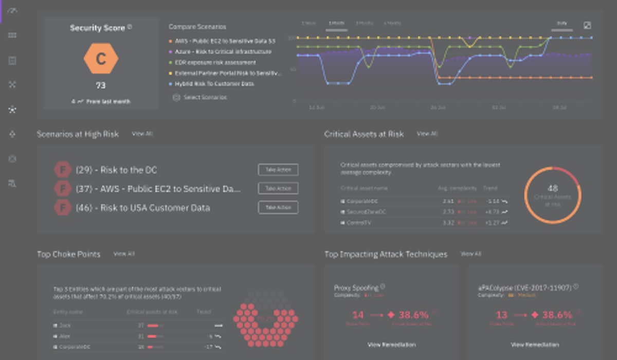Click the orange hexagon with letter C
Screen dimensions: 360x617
(101, 59)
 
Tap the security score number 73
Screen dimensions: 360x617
(101, 85)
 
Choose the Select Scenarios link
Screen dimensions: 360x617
(205, 97)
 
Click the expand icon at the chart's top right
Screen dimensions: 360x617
(587, 25)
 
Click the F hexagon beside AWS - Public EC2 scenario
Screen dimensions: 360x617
(62, 189)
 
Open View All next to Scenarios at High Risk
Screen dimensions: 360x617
(142, 134)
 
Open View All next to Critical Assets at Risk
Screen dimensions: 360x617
(427, 134)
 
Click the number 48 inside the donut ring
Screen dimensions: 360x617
(553, 189)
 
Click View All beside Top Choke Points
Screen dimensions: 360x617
(123, 254)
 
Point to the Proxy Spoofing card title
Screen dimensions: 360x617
(356, 288)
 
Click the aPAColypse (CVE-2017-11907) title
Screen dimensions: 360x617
(525, 288)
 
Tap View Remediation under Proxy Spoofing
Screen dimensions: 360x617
(391, 345)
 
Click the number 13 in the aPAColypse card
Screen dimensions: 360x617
(501, 315)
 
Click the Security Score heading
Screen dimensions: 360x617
(98, 28)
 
